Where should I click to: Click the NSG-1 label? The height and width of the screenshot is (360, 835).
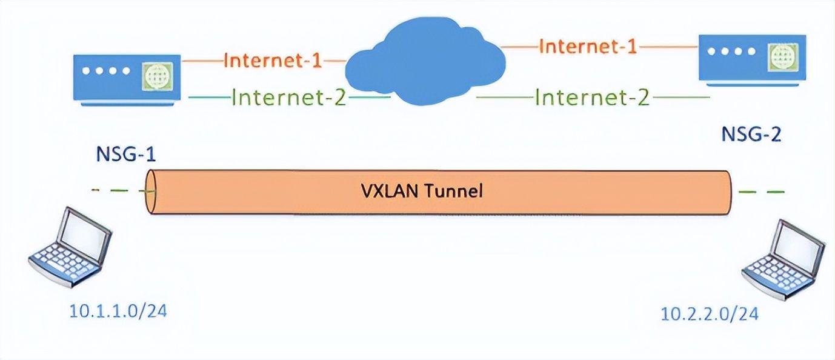[x=126, y=155]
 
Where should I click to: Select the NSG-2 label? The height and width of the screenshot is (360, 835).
[x=751, y=135]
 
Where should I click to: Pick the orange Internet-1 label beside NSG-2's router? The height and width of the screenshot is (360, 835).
[x=588, y=47]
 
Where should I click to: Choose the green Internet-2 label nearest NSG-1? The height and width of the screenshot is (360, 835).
[x=289, y=98]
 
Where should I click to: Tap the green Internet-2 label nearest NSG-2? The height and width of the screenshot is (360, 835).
[x=592, y=97]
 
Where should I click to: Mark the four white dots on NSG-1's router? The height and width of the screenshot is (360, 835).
[x=106, y=71]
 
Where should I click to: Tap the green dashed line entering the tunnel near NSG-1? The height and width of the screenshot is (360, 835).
[x=121, y=191]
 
